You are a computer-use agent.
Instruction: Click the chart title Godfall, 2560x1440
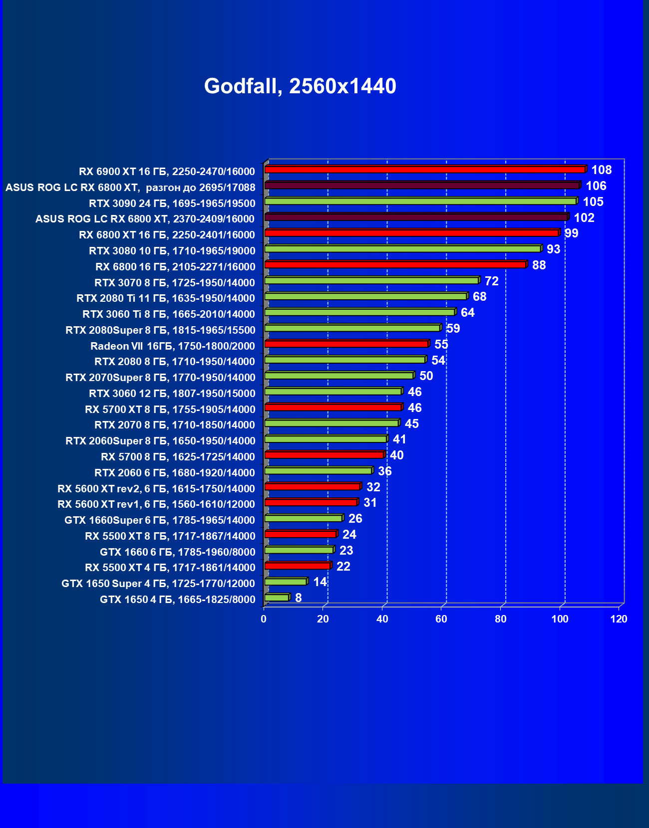click(x=300, y=86)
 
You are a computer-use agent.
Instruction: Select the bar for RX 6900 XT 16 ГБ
click(x=424, y=170)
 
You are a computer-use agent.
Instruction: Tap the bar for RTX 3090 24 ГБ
click(x=420, y=201)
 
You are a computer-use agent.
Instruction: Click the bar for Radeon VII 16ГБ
click(x=346, y=344)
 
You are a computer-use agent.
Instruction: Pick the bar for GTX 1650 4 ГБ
click(x=277, y=598)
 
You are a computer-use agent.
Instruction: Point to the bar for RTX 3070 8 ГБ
click(x=371, y=280)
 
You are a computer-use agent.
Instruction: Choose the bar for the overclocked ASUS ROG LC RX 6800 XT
click(x=422, y=186)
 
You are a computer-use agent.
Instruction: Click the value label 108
click(x=601, y=170)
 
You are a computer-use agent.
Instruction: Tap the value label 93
click(x=553, y=249)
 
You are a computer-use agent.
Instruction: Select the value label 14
click(x=320, y=582)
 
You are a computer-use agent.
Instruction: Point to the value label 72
click(x=491, y=281)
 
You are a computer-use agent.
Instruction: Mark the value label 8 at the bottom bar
click(x=298, y=598)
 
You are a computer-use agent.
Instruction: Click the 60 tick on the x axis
click(x=441, y=619)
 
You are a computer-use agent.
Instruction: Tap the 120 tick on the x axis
click(x=619, y=619)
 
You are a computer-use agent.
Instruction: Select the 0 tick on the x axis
click(x=264, y=619)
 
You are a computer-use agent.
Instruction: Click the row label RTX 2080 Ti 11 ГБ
click(x=165, y=298)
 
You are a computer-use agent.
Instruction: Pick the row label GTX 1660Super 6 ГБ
click(x=160, y=520)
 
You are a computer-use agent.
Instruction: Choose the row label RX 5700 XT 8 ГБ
click(x=170, y=410)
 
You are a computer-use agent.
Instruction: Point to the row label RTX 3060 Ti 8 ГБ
click(x=168, y=314)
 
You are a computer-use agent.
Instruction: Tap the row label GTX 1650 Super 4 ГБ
click(x=158, y=584)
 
